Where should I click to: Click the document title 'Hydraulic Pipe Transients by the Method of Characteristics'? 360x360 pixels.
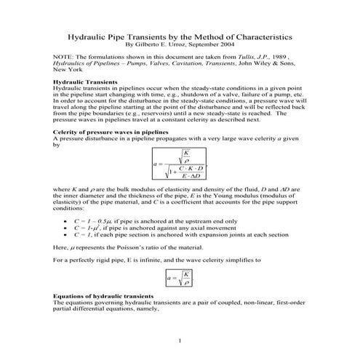tap(180, 34)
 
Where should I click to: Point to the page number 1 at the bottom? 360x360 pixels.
tap(180, 340)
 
